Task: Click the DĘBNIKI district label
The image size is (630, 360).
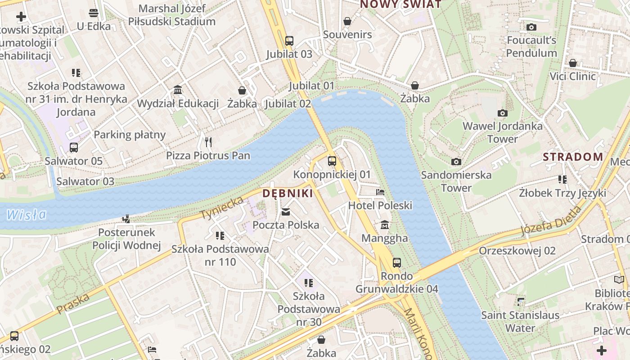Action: (288, 193)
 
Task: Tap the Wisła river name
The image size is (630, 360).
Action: (27, 214)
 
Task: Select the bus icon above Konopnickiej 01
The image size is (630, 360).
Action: (332, 161)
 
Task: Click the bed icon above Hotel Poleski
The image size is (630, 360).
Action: (380, 192)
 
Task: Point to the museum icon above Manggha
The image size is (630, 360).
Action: (385, 225)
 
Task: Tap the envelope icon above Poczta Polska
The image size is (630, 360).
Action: (286, 212)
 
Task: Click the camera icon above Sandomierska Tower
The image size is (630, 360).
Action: (456, 162)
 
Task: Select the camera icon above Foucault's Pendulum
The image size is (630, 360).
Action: (531, 27)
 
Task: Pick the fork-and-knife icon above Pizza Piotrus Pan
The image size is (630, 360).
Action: (208, 142)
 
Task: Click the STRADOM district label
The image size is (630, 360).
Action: (573, 157)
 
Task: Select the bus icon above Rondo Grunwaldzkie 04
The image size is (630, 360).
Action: (396, 262)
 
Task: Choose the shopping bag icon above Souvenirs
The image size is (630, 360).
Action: (347, 21)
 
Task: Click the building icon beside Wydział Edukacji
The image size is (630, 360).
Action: (178, 90)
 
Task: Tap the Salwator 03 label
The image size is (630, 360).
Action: (85, 182)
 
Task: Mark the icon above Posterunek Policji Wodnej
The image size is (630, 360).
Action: (126, 219)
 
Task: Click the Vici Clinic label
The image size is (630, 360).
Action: (573, 76)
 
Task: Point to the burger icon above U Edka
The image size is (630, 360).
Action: (94, 13)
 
